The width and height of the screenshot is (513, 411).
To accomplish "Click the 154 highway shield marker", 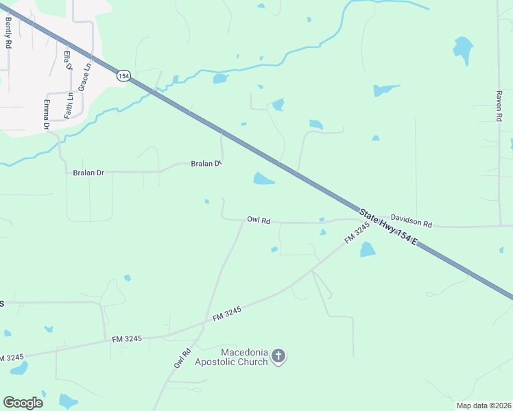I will [x=123, y=76].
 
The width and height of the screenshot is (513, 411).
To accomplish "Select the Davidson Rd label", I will [x=411, y=223].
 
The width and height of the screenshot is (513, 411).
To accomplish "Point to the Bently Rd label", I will [x=8, y=33].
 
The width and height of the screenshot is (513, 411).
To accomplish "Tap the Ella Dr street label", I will [x=67, y=61].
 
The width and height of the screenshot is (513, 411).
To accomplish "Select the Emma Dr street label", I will [x=47, y=114].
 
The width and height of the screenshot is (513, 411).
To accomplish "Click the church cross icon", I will [x=278, y=356].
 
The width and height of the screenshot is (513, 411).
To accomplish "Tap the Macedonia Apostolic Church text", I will [x=231, y=356].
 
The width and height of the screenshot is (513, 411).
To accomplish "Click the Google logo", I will [x=23, y=403].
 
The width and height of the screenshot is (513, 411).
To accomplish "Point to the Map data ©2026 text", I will [x=482, y=405].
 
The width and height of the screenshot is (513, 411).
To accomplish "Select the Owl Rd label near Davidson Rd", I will [x=259, y=220].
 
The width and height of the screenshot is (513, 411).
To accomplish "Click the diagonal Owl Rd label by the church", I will [x=182, y=359].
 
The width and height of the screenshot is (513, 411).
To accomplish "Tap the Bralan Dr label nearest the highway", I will [x=206, y=164].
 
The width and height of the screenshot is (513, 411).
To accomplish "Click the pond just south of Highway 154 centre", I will [x=263, y=179].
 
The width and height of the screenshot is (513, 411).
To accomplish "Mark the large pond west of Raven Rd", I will [x=463, y=49].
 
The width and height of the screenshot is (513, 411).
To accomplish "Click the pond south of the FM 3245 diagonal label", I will [x=368, y=249].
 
